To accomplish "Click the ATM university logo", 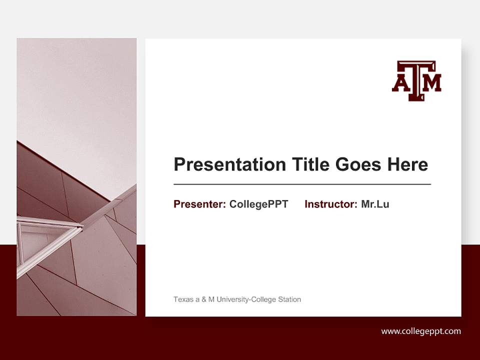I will tap(416, 80).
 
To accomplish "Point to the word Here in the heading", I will tap(407, 164).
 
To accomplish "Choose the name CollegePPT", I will tap(258, 204).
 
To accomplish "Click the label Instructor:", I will tap(331, 204).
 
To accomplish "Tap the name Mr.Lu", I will tap(375, 204).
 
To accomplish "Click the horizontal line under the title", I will tap(302, 184).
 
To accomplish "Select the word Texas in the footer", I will tap(182, 299).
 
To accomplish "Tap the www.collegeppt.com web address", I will tap(421, 331).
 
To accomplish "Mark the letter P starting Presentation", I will tap(179, 164).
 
